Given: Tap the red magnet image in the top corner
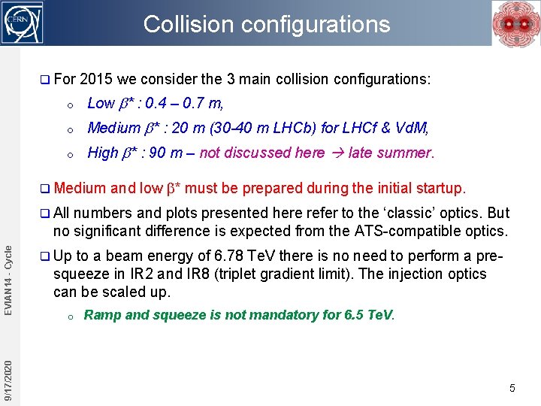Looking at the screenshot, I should coord(513,23).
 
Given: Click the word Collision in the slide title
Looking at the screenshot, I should coord(179,24).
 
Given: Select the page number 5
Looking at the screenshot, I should coord(512,388).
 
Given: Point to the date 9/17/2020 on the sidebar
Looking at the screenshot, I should coord(8,380).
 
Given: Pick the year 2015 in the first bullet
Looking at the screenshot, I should coord(95,79).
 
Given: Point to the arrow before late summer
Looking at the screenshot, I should coord(336,153).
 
